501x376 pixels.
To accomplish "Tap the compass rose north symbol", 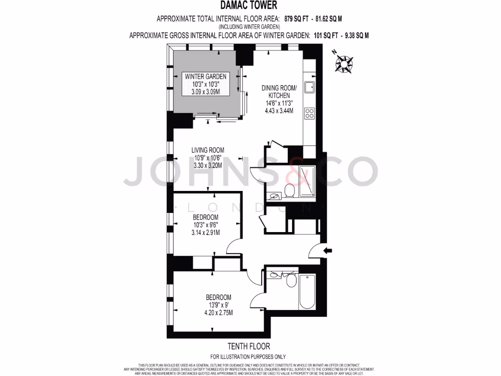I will pos(345,63).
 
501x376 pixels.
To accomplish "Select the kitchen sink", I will pos(309,88).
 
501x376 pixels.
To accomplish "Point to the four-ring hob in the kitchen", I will pos(309,113).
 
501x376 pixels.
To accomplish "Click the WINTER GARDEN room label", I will pos(205,76).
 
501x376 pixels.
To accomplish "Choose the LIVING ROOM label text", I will pos(207,150).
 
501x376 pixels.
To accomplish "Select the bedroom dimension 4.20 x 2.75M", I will pos(218,313).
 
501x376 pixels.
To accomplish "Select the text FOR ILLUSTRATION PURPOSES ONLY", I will pos(248,357).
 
